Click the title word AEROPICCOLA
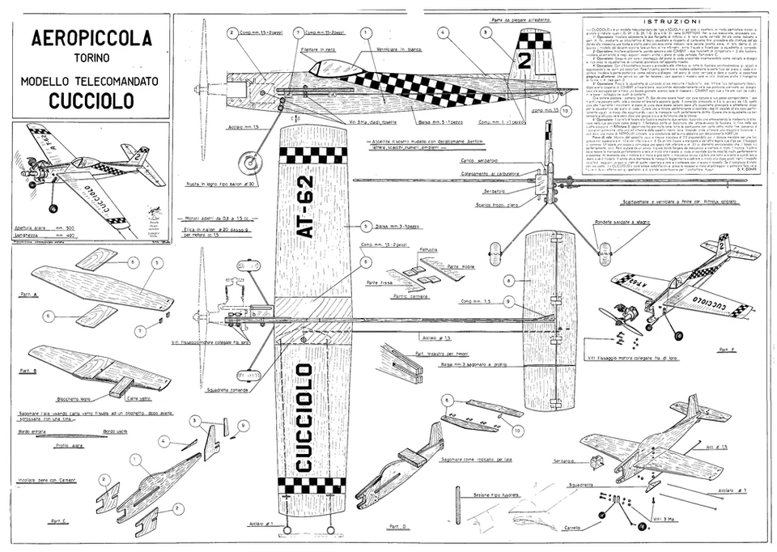tap(90, 38)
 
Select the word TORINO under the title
tap(91, 59)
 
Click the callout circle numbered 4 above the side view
tap(444, 32)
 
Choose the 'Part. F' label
tap(726, 349)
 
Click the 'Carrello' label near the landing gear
tap(573, 529)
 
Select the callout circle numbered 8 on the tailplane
tap(508, 280)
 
